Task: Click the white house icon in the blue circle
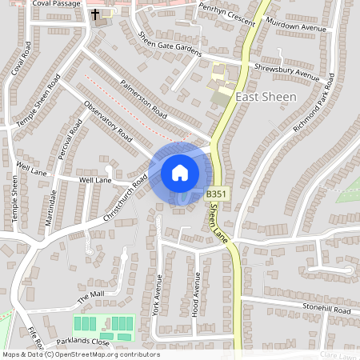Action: (180, 173)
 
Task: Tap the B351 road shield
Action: (216, 194)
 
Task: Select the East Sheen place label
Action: (266, 96)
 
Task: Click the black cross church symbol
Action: (96, 14)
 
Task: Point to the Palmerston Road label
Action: (143, 96)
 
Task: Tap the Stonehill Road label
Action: (326, 310)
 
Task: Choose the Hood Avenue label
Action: (197, 295)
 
